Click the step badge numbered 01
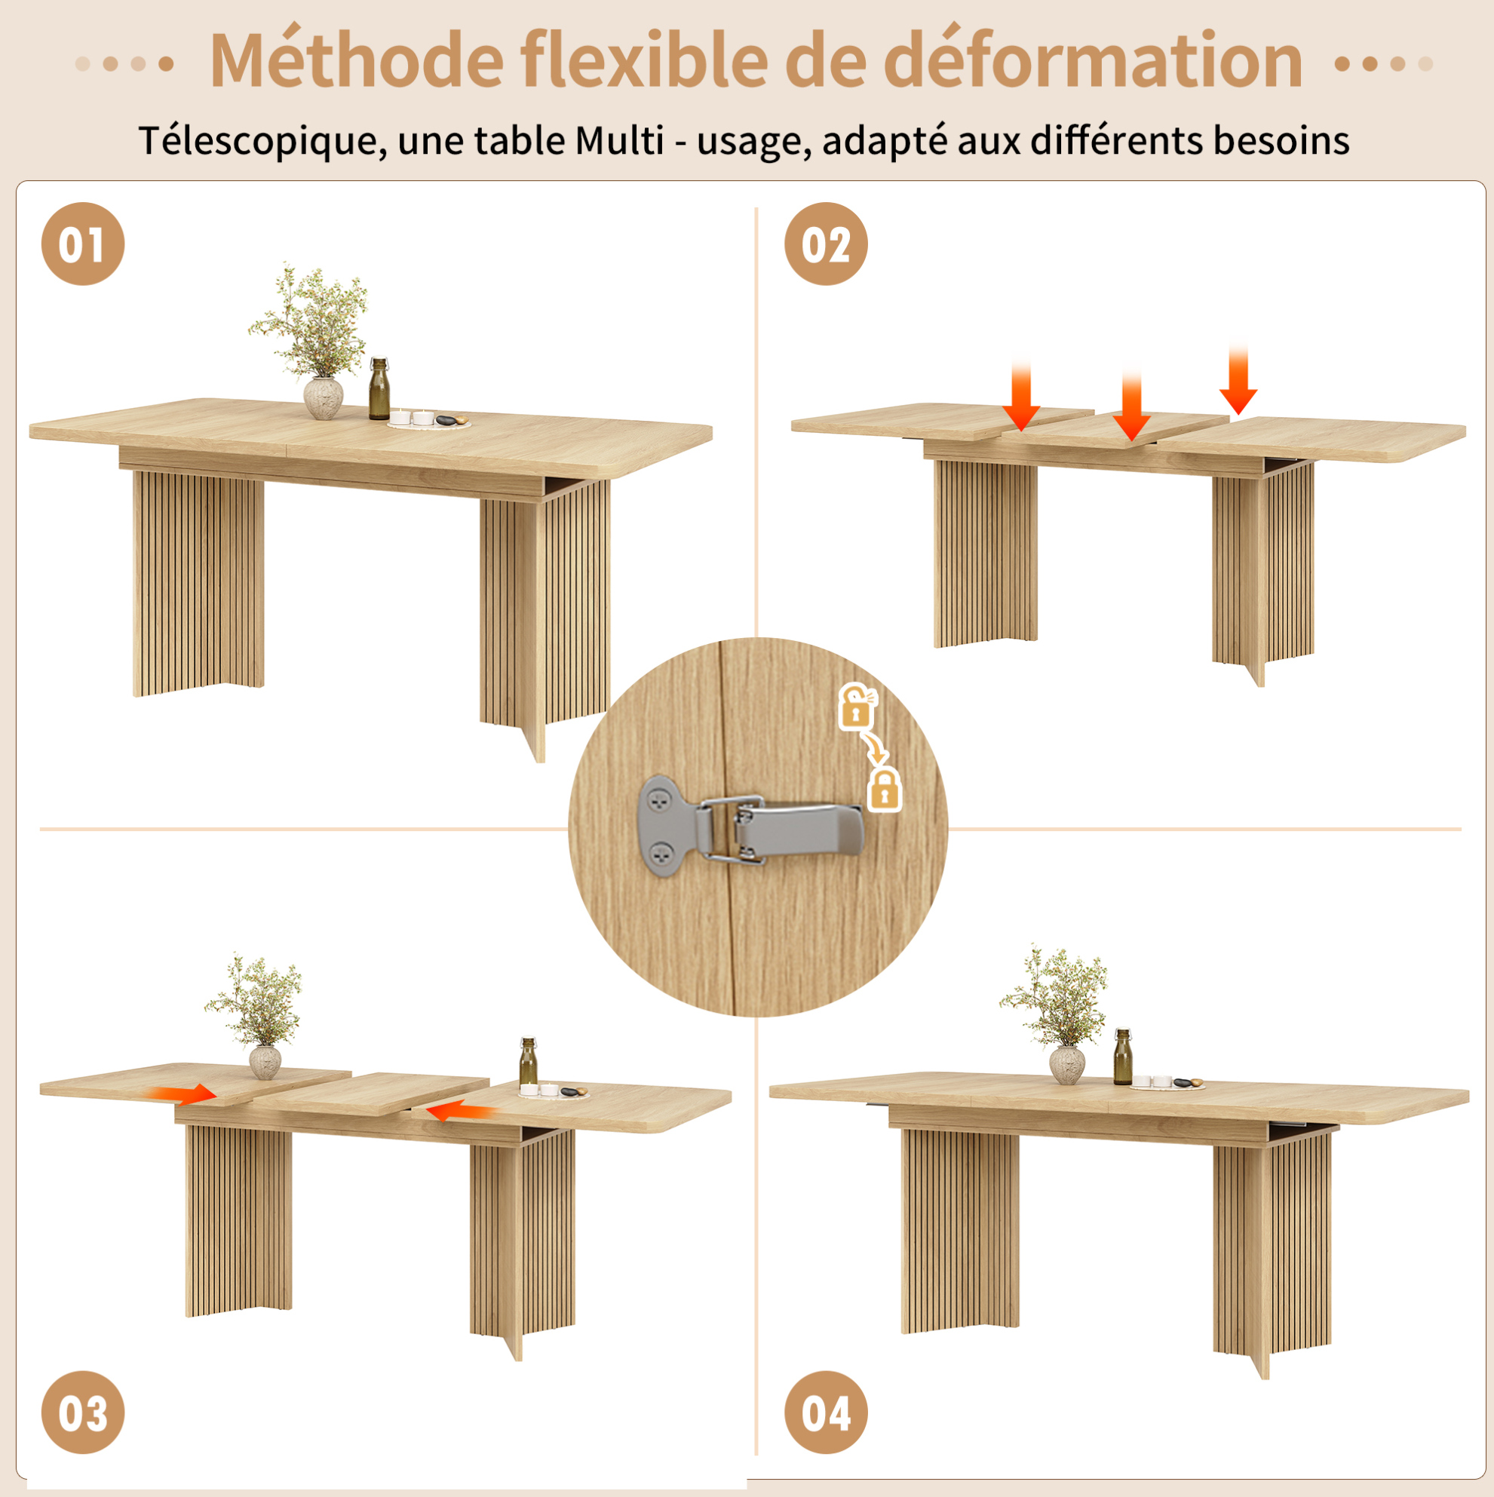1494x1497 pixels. tap(83, 244)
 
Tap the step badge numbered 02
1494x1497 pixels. tap(826, 244)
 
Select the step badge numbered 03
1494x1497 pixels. tap(83, 1412)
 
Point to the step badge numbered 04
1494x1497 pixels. tap(826, 1412)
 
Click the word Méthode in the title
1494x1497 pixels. tap(357, 60)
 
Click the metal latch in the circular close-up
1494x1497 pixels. tap(750, 827)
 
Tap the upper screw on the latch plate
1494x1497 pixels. tap(659, 801)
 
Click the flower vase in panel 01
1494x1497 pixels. tap(323, 398)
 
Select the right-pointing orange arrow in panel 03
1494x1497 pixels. tap(183, 1094)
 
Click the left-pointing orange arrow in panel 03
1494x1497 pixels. tap(461, 1112)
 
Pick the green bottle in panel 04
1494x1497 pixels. tap(1123, 1057)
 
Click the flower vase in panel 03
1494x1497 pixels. tap(265, 1063)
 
